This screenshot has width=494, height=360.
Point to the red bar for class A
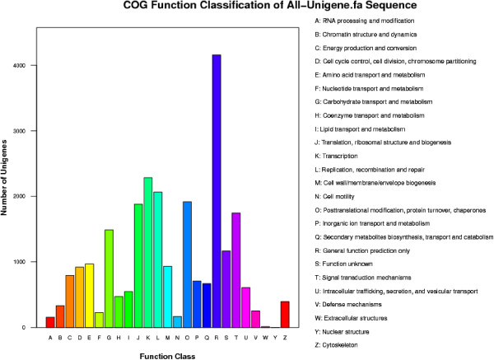point(50,322)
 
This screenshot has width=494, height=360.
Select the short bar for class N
point(177,322)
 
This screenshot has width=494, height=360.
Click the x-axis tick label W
point(265,336)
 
